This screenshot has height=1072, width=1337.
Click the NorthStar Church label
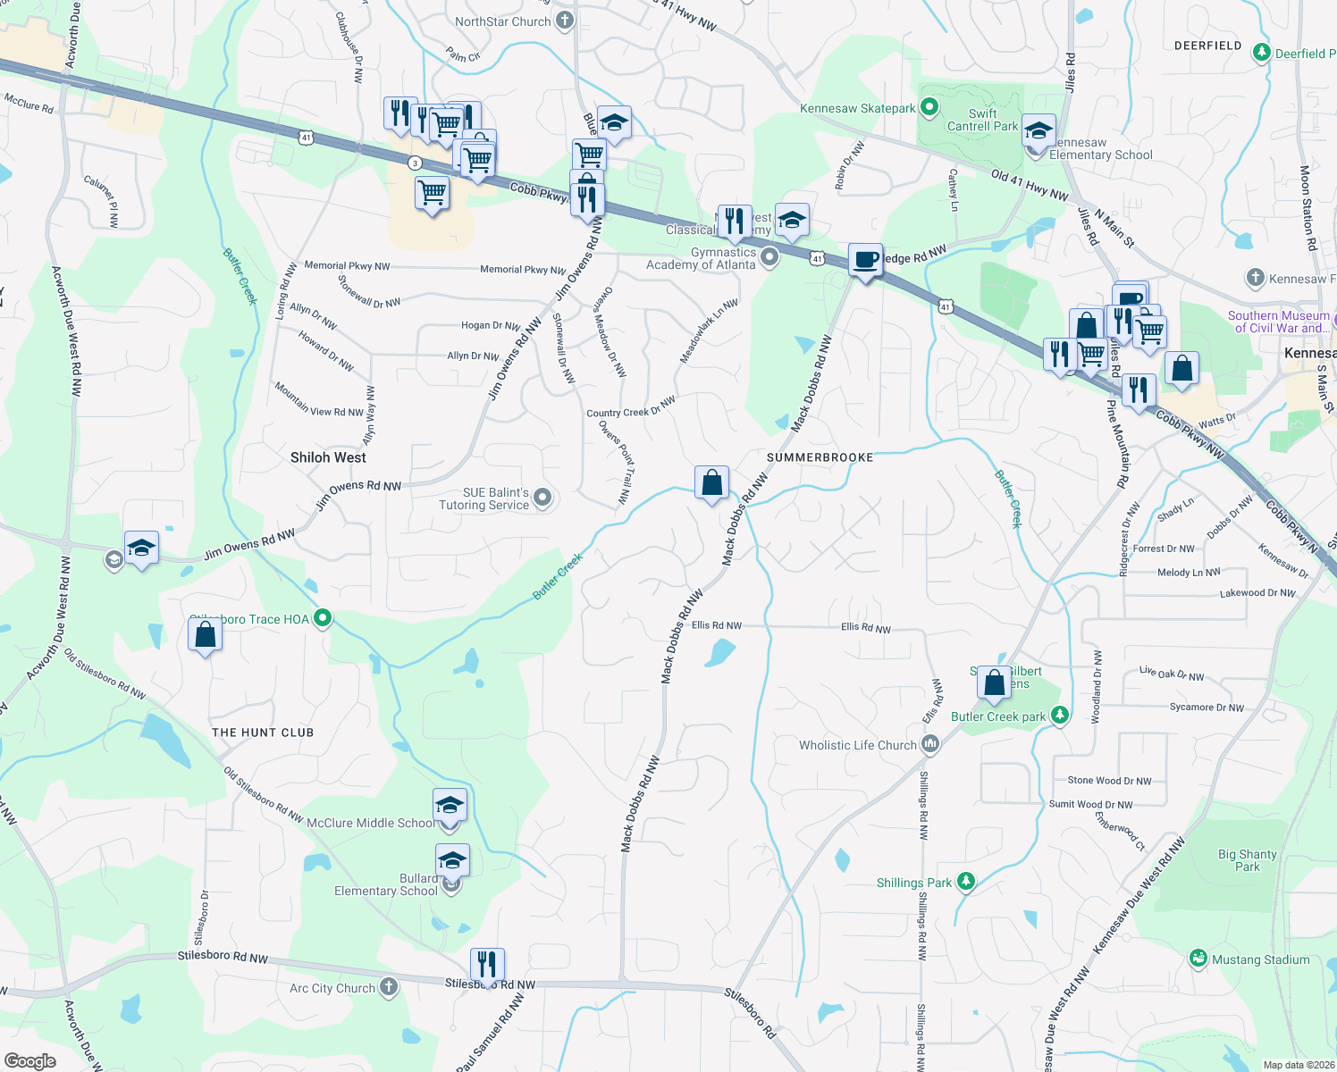502,21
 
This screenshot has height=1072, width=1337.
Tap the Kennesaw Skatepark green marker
929,108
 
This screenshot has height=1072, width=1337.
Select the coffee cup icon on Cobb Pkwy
865,261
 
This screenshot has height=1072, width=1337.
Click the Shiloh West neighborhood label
328,457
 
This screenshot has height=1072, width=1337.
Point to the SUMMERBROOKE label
820,457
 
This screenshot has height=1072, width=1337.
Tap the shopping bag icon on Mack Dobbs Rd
712,483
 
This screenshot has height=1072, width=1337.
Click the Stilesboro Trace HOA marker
324,618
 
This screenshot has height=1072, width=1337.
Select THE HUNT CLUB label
263,733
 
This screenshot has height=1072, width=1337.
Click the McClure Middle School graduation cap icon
450,807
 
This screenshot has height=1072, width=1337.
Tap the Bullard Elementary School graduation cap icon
452,861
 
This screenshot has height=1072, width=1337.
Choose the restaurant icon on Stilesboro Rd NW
487,966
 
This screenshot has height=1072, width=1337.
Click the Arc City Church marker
388,987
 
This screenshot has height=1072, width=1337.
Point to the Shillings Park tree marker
965,882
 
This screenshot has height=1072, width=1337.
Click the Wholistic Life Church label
857,745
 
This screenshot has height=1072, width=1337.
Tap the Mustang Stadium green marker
1198,959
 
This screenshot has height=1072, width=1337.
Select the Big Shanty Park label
1247,860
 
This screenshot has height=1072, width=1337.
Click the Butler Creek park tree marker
1059,715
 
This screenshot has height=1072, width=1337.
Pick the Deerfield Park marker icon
1261,53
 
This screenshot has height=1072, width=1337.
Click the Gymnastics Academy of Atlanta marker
769,258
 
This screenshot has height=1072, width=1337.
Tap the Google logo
29,1061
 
